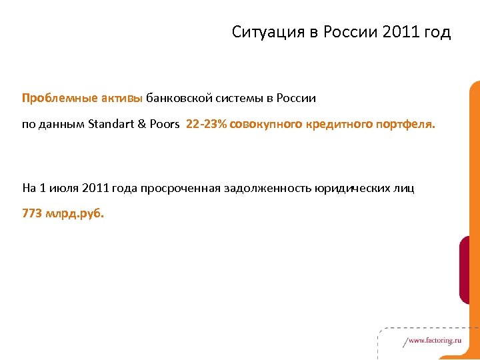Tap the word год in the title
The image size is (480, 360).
pos(435,32)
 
